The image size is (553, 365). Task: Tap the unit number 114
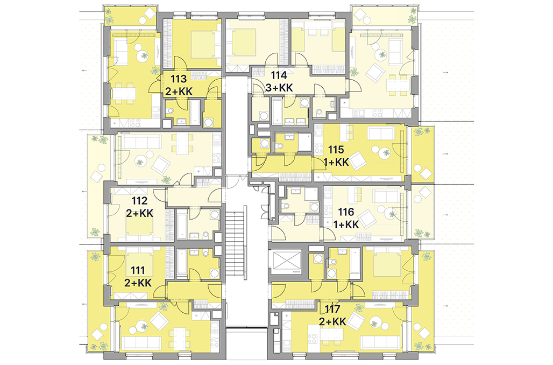279,75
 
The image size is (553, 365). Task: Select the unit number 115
336,150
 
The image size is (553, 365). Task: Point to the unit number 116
345,212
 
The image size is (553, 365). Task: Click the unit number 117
332,309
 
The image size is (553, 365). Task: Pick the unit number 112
139,201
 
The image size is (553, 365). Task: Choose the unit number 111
138,270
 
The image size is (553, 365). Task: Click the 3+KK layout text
279,87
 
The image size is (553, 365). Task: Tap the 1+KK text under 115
336,162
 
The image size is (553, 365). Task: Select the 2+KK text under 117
332,321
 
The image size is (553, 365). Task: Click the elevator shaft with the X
288,261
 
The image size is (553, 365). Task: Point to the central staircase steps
235,243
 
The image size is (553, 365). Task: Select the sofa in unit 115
381,134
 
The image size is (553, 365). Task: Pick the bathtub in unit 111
182,262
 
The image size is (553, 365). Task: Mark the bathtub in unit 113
195,113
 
